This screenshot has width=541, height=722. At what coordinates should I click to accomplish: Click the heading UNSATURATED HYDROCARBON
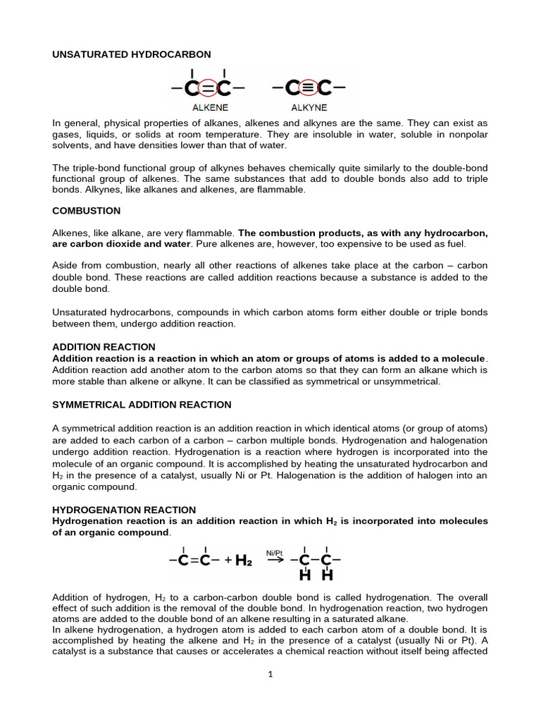click(x=132, y=54)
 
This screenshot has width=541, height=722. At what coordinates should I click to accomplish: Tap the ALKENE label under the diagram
click(x=208, y=109)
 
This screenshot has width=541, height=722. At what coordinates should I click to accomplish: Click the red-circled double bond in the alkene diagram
click(x=208, y=89)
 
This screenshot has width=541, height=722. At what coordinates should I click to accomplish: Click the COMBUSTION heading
click(x=87, y=211)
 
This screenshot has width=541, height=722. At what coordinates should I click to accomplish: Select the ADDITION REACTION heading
click(x=104, y=347)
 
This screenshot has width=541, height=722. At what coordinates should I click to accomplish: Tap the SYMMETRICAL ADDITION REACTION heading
click(x=142, y=405)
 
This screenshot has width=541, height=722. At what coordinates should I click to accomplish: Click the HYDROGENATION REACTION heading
click(x=125, y=510)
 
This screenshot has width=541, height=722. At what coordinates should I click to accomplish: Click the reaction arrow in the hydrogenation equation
click(x=275, y=563)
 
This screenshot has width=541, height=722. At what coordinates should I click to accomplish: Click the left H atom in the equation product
click(x=305, y=577)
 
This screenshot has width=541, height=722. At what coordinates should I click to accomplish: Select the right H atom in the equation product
click(x=325, y=577)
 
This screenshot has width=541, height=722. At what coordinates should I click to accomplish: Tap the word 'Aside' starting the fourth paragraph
click(x=66, y=264)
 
